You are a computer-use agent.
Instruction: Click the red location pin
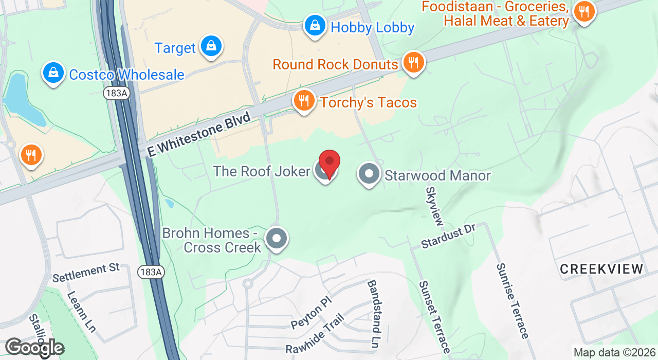pos(330,163)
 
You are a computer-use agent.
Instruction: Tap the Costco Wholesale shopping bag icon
pos(53,74)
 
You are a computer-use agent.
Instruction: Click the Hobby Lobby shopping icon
pos(315,25)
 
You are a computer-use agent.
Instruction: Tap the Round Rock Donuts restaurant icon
pos(413,63)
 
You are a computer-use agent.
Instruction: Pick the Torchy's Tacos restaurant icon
pos(304,101)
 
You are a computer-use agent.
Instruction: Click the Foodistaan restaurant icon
pos(583,11)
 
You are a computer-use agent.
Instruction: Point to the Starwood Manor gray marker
pos(369,174)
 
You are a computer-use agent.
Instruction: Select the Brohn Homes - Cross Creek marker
pos(277,239)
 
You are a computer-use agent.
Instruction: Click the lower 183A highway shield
pos(151,272)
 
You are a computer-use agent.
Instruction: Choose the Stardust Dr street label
pos(448,237)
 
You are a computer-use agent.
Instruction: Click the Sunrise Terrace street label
pos(512,301)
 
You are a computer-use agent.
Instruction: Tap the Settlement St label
pos(86,272)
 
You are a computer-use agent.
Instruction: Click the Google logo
pos(34,348)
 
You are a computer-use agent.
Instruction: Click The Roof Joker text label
pos(262,171)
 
